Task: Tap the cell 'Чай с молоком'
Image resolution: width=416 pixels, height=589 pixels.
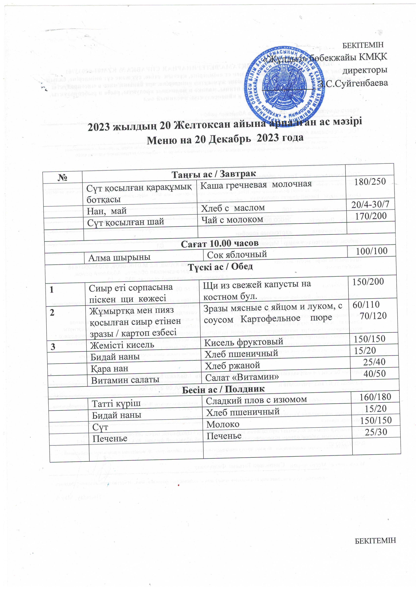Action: (x=232, y=220)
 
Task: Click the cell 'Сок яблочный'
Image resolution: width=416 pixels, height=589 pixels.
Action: (x=237, y=255)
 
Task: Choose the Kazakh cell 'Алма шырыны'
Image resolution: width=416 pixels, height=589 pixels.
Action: (x=119, y=258)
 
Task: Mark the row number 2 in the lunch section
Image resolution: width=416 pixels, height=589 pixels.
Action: (x=52, y=312)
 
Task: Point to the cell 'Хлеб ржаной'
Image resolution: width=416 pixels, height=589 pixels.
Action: (x=232, y=365)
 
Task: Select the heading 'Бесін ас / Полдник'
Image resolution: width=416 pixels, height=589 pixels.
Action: (x=223, y=389)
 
